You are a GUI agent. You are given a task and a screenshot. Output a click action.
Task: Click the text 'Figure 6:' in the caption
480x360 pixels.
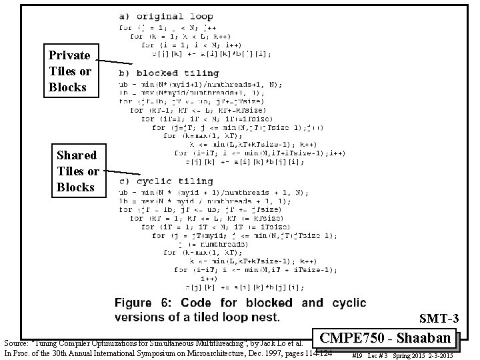(x=150, y=303)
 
